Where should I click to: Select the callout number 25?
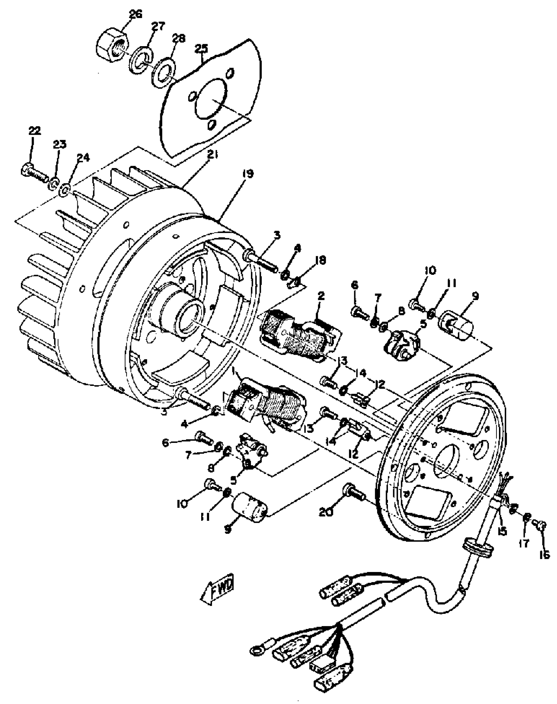pyautogui.click(x=202, y=48)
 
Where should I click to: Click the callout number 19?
pyautogui.click(x=248, y=174)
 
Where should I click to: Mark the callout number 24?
pyautogui.click(x=83, y=158)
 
